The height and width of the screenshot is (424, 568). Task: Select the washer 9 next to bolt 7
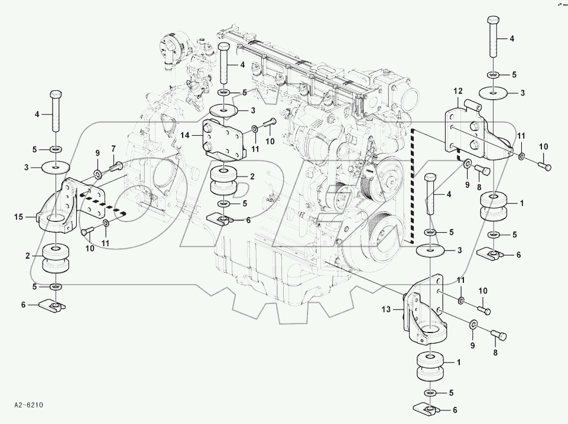pos(96,174)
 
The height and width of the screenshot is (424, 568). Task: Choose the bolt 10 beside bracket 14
pos(271,124)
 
